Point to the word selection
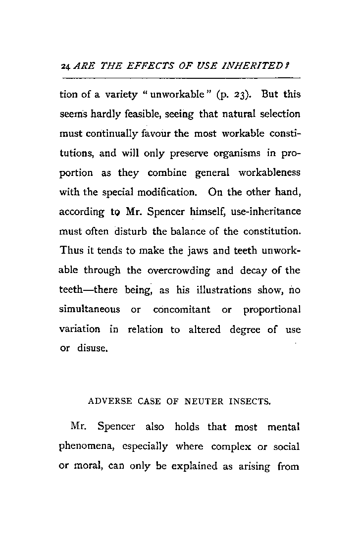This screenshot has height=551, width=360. click(x=277, y=114)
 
